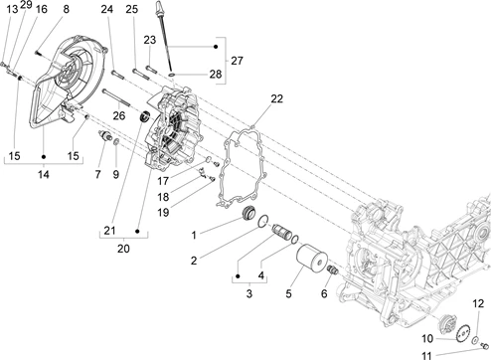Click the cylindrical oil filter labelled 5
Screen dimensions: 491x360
tap(311, 261)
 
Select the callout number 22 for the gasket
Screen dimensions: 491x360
tap(277, 98)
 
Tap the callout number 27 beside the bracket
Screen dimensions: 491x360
tap(237, 61)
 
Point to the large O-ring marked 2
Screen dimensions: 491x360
tap(263, 222)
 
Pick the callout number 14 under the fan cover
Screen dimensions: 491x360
tap(44, 174)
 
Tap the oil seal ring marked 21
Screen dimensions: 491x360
tap(144, 117)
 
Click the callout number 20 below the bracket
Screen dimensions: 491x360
tap(123, 249)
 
